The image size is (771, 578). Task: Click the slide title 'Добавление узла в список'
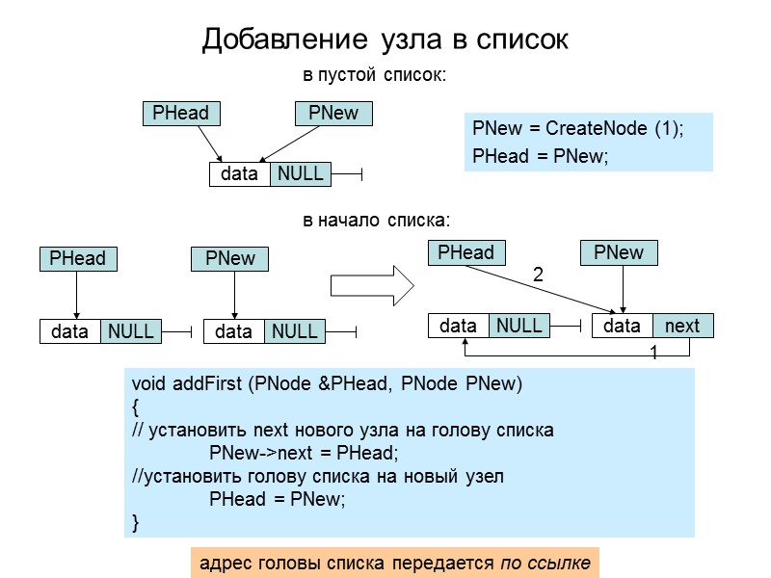click(x=385, y=39)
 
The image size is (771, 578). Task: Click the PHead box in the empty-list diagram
click(x=180, y=113)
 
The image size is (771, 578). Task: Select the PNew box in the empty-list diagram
click(x=333, y=113)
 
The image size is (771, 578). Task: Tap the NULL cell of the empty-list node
click(x=300, y=173)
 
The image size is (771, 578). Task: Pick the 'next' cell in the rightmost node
click(x=682, y=326)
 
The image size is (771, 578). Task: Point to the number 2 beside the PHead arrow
click(x=538, y=276)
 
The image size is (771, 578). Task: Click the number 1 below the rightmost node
click(x=653, y=354)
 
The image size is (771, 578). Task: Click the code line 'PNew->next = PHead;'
click(x=304, y=453)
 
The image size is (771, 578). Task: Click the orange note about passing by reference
click(x=394, y=561)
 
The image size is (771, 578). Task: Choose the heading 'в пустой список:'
click(x=375, y=74)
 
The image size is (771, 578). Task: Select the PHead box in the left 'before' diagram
click(x=77, y=258)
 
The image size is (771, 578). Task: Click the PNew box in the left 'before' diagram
click(x=230, y=258)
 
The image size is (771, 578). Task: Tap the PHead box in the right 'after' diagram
click(x=465, y=252)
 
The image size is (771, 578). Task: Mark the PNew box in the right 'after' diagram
click(x=619, y=252)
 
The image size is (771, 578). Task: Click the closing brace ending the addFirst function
click(x=136, y=523)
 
